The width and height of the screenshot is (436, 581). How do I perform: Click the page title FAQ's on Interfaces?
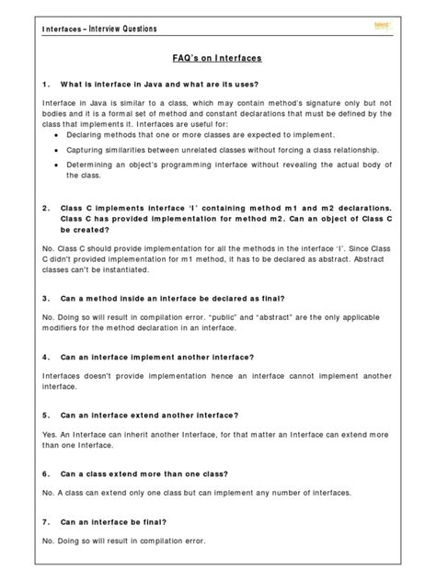click(219, 58)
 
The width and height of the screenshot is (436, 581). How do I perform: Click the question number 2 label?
click(46, 209)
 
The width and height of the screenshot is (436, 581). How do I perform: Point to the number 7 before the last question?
click(46, 521)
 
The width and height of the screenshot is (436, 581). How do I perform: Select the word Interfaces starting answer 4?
click(63, 376)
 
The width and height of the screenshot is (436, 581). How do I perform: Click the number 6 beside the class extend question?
click(46, 473)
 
